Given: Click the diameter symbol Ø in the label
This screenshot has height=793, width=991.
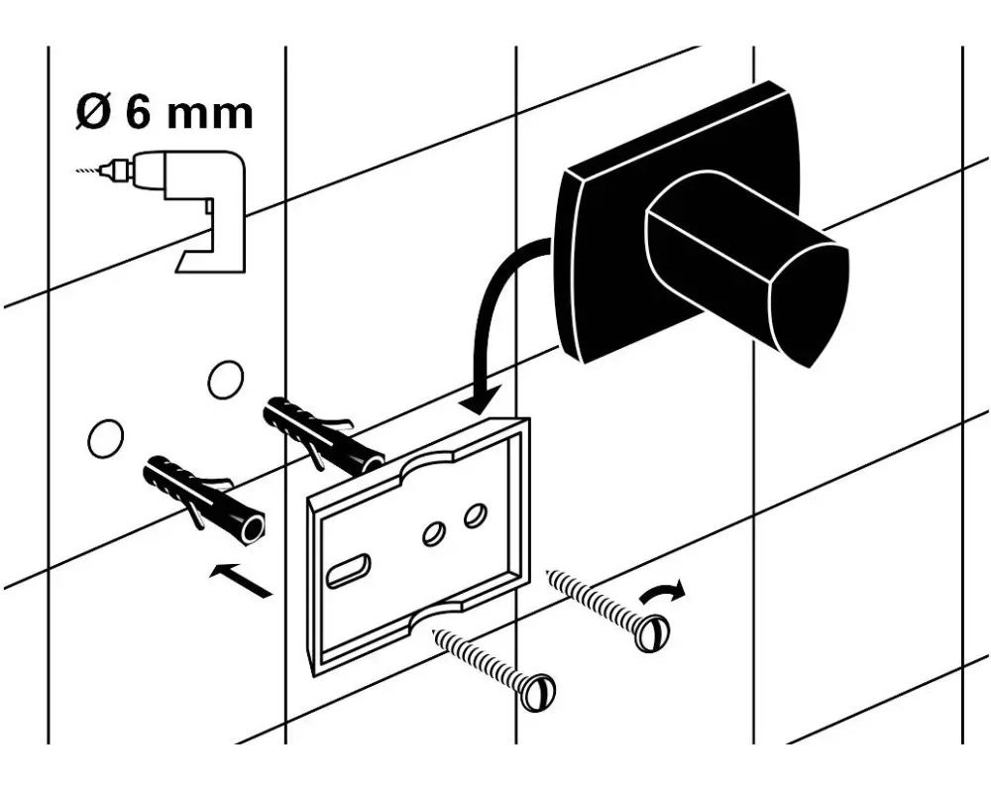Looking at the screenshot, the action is pyautogui.click(x=93, y=113).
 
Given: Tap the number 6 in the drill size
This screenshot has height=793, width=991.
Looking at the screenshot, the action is pyautogui.click(x=141, y=113).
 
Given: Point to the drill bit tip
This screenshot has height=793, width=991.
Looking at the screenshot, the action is pyautogui.click(x=76, y=170).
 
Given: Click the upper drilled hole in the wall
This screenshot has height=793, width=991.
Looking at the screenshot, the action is pyautogui.click(x=226, y=380).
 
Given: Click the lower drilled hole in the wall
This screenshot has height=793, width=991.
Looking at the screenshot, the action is pyautogui.click(x=106, y=438).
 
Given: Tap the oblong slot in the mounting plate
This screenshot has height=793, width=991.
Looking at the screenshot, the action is pyautogui.click(x=347, y=570).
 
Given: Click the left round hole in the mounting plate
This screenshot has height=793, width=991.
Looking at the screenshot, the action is pyautogui.click(x=434, y=533).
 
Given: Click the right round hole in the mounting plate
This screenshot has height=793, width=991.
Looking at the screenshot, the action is pyautogui.click(x=475, y=516).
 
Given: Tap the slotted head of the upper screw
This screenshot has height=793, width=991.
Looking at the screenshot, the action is pyautogui.click(x=651, y=633).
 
